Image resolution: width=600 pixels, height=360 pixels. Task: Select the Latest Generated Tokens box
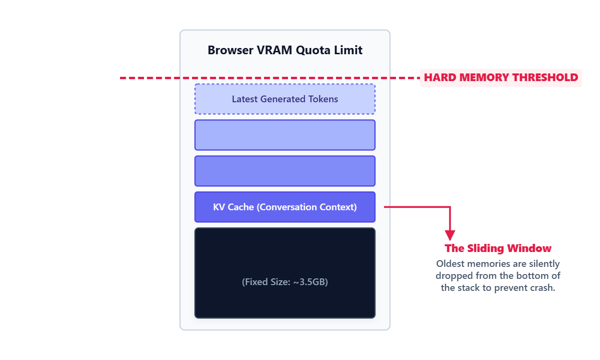tap(285, 99)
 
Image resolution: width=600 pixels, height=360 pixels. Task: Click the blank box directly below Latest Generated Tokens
tap(285, 135)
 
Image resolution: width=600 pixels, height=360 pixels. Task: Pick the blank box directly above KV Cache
tap(285, 171)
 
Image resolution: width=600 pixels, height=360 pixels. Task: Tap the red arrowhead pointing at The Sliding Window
tap(450, 235)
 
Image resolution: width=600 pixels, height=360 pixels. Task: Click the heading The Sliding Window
tap(498, 249)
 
